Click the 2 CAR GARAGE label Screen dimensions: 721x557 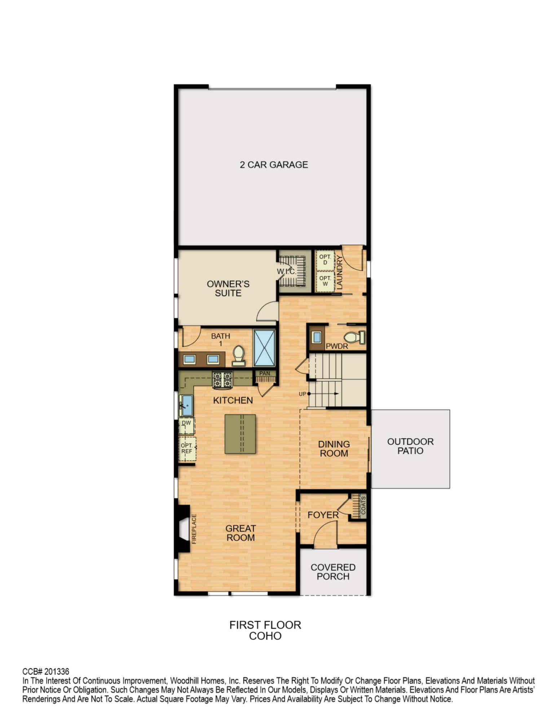pyautogui.click(x=274, y=165)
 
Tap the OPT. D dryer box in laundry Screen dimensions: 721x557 pyautogui.click(x=325, y=260)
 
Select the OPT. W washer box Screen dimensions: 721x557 pyautogui.click(x=325, y=281)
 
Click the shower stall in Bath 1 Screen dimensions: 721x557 pyautogui.click(x=264, y=348)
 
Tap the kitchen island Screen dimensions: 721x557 pyautogui.click(x=240, y=434)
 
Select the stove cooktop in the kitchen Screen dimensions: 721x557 pyautogui.click(x=222, y=380)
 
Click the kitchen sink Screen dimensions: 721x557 pyautogui.click(x=187, y=405)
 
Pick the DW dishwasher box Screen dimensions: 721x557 pyautogui.click(x=187, y=426)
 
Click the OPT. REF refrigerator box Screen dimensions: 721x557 pyautogui.click(x=187, y=449)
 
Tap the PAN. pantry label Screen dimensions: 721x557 pyautogui.click(x=265, y=373)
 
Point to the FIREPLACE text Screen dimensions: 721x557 pyautogui.click(x=194, y=529)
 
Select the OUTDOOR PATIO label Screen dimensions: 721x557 pyautogui.click(x=410, y=446)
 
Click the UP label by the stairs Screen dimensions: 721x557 pyautogui.click(x=302, y=394)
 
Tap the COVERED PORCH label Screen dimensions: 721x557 pyautogui.click(x=333, y=572)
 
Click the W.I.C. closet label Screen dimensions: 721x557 pyautogui.click(x=286, y=271)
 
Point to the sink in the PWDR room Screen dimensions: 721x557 pyautogui.click(x=317, y=337)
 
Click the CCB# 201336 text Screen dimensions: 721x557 pyautogui.click(x=46, y=671)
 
